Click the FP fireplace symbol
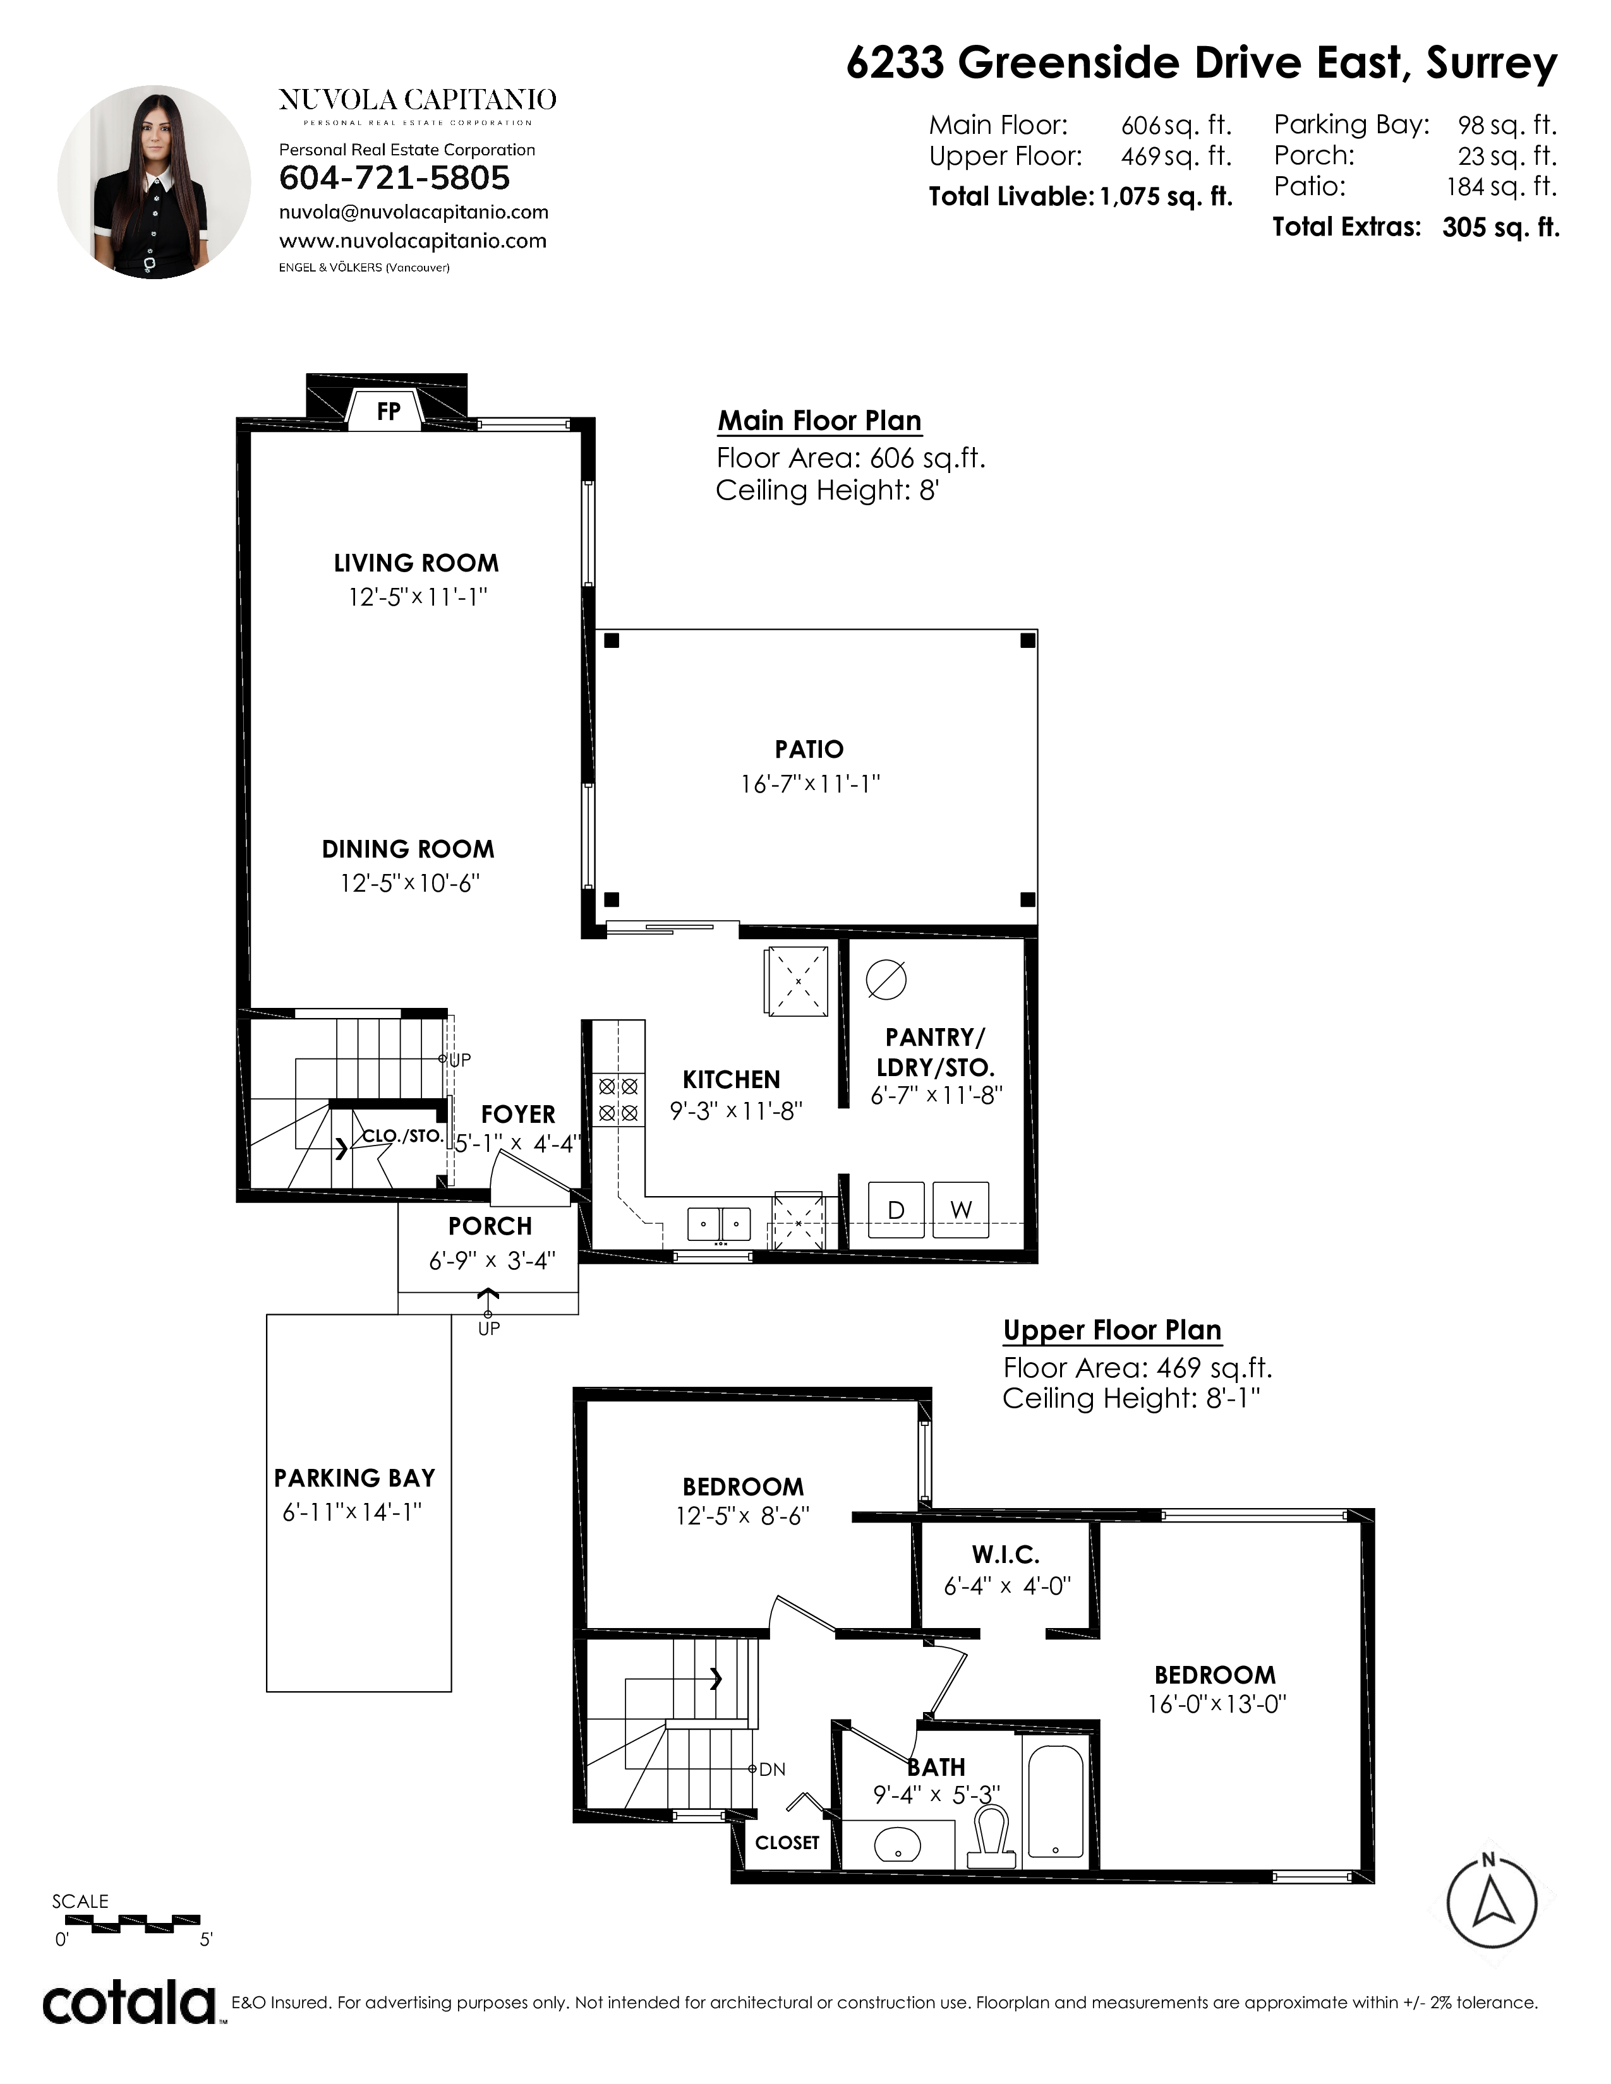point(387,410)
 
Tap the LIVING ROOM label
point(416,563)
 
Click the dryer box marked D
point(896,1210)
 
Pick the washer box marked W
point(961,1210)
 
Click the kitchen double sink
point(720,1223)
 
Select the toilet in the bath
point(990,1838)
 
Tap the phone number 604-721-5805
point(394,179)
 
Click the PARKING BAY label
point(354,1478)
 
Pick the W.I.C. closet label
point(1006,1555)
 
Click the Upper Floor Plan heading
point(1112,1330)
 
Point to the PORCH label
point(490,1226)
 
